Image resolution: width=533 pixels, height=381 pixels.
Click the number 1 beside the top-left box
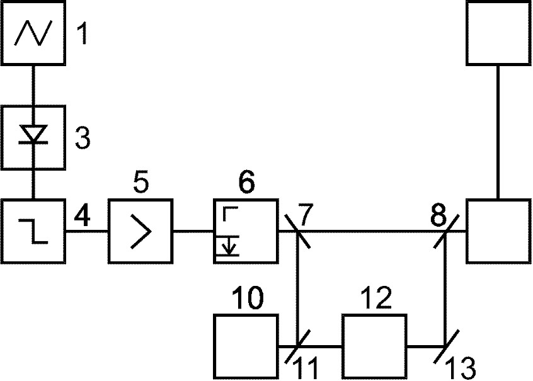click(82, 33)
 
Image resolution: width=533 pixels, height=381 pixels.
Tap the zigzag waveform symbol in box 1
click(33, 33)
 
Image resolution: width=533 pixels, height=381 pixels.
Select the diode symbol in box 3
click(33, 134)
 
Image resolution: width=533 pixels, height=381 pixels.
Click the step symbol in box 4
click(33, 231)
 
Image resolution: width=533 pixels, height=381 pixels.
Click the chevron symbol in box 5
click(140, 231)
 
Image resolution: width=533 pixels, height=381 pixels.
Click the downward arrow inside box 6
click(229, 246)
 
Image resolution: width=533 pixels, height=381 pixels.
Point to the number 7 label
click(306, 215)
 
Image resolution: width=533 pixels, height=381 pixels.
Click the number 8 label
click(438, 215)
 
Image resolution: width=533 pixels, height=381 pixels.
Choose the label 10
click(248, 297)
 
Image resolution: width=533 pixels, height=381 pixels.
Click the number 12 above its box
click(375, 297)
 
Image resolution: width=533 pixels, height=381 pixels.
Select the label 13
click(461, 368)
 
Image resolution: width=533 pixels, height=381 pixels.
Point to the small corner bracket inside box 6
click(230, 213)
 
